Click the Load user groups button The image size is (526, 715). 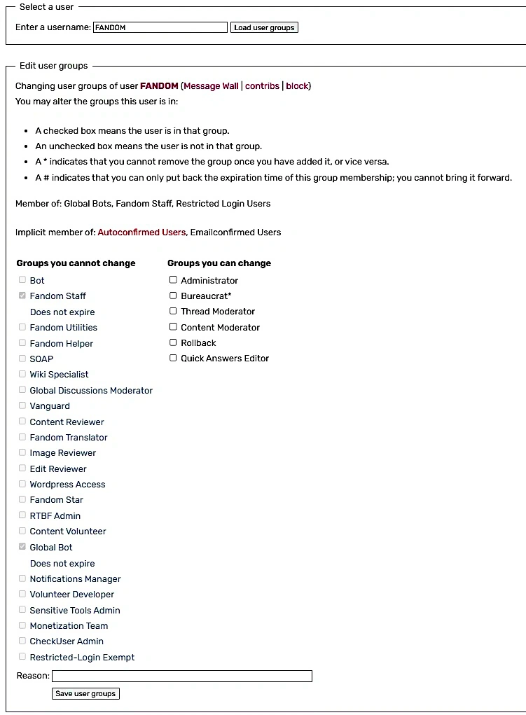click(x=264, y=27)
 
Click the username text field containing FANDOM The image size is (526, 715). click(x=160, y=27)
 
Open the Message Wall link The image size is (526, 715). click(x=211, y=86)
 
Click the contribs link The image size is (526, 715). click(x=262, y=86)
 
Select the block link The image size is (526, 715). click(x=297, y=86)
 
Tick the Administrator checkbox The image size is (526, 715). click(x=173, y=280)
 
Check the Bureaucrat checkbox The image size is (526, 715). click(x=173, y=296)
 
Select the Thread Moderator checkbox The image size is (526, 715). click(x=173, y=311)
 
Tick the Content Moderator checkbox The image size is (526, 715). click(x=173, y=327)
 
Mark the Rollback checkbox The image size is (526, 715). click(x=173, y=342)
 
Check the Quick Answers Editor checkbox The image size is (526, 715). click(x=173, y=358)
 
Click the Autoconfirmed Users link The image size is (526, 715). click(x=141, y=232)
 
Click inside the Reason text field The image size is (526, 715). click(x=182, y=676)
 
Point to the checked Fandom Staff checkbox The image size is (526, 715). click(x=22, y=296)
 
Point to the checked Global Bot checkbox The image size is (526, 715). click(x=22, y=547)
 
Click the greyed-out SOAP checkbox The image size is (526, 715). click(x=22, y=359)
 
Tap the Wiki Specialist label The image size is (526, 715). click(x=59, y=375)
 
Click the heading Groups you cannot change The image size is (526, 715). click(x=76, y=263)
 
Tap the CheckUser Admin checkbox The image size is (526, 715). click(x=22, y=641)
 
